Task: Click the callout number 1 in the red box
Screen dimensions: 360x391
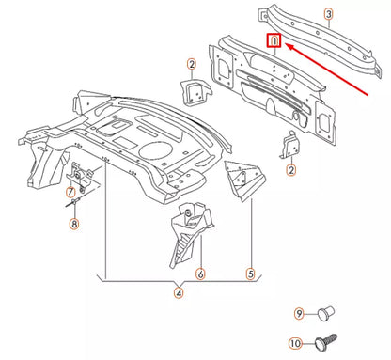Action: click(274, 41)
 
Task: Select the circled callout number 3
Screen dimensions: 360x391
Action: click(328, 13)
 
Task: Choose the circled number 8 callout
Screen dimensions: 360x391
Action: click(73, 224)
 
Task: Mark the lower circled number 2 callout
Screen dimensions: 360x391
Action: click(291, 169)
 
